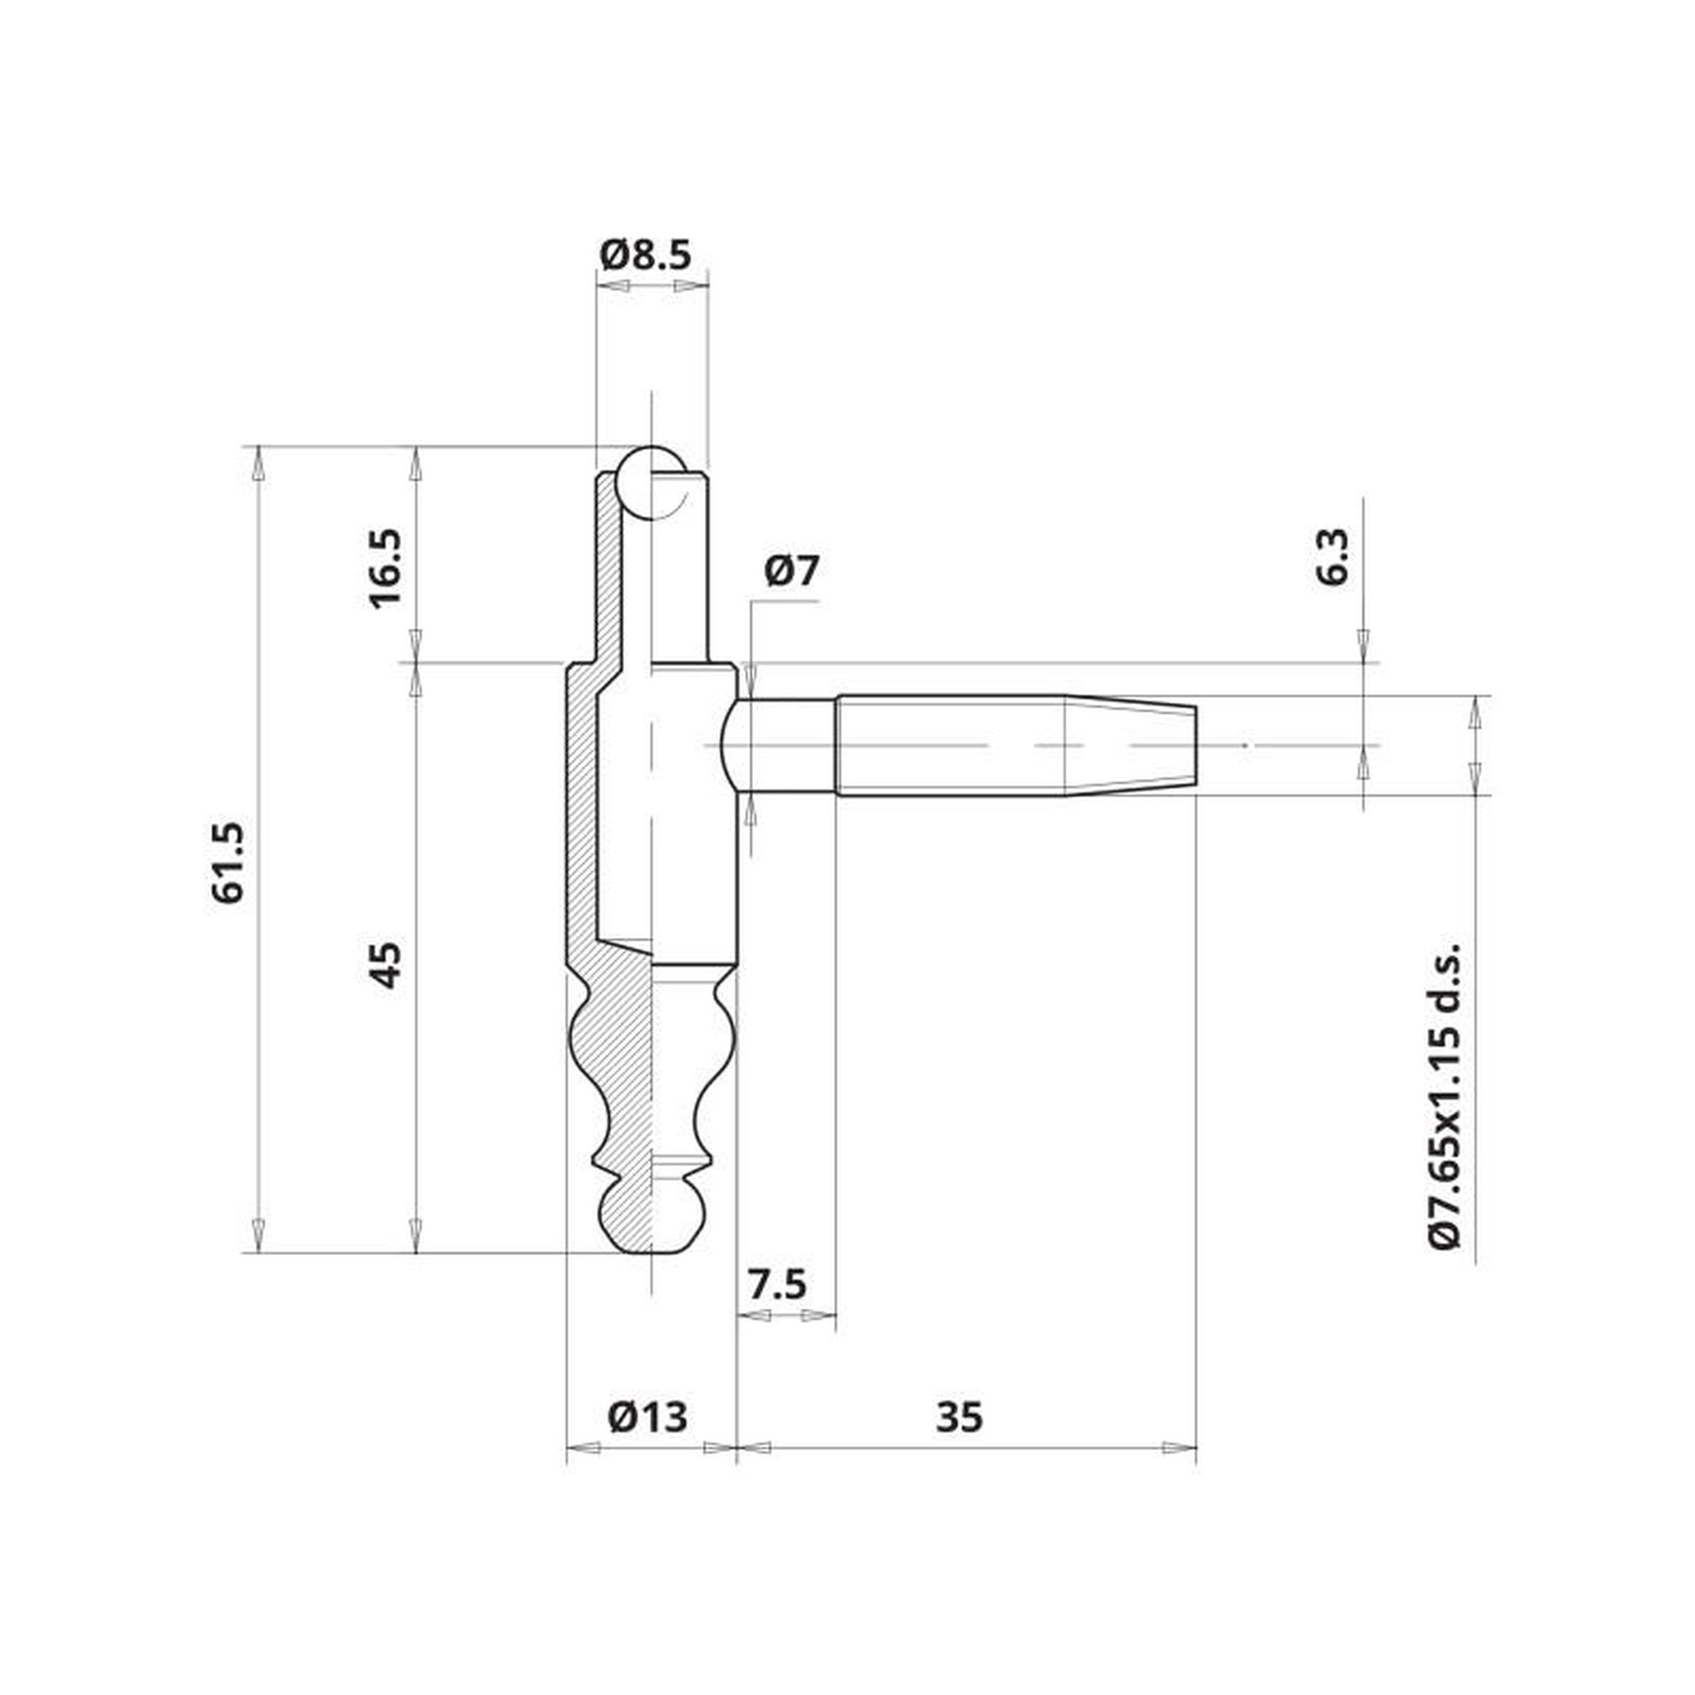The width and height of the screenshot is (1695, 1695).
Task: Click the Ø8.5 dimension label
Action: point(646,254)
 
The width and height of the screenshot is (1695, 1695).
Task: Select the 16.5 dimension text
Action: point(385,568)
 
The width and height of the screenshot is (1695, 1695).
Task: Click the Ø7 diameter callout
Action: point(791,571)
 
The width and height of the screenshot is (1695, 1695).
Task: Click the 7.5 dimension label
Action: point(777,1285)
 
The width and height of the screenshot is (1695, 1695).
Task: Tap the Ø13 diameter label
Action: point(647,1416)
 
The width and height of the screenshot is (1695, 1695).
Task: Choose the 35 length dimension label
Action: point(960,1417)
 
